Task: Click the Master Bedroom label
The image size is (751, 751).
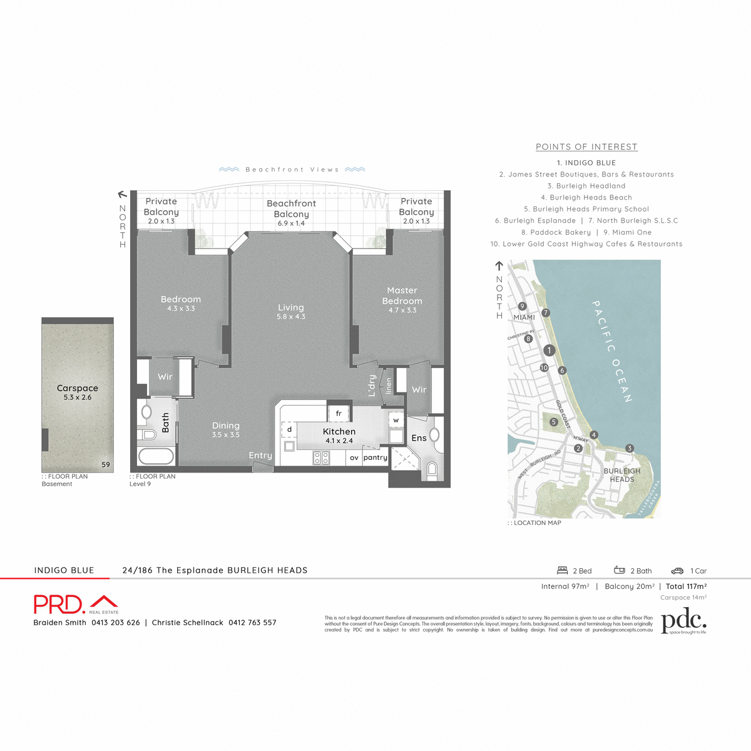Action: (x=402, y=295)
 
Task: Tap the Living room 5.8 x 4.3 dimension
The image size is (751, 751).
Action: (x=291, y=317)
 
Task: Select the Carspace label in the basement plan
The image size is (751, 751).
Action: (x=78, y=388)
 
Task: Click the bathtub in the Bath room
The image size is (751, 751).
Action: (x=156, y=456)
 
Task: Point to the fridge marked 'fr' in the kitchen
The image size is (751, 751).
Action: (x=339, y=413)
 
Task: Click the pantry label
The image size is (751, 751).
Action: (x=375, y=457)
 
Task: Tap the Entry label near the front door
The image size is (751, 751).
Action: (x=260, y=456)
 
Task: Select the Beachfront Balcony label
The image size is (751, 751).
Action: (x=291, y=208)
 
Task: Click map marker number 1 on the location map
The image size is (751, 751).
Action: (x=549, y=350)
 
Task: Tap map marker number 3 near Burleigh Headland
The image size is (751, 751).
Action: (x=630, y=448)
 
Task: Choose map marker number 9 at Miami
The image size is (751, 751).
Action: (x=523, y=307)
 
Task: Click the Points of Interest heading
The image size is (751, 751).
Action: (x=586, y=147)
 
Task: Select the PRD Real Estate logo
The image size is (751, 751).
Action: (x=75, y=605)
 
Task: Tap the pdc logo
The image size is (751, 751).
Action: (x=683, y=621)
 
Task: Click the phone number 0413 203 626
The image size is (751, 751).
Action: (x=116, y=623)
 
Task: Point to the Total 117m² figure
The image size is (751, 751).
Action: (x=686, y=586)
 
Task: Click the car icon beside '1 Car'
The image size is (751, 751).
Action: (x=677, y=571)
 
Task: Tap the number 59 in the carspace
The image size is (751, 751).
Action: (x=106, y=464)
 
